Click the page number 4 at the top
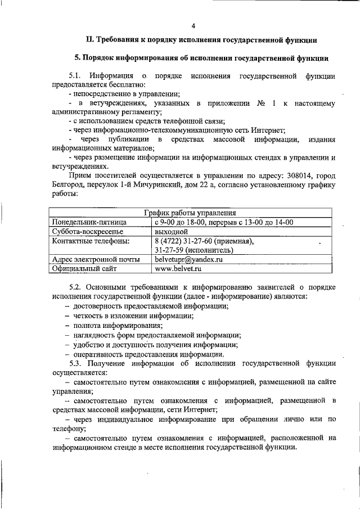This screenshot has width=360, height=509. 193,26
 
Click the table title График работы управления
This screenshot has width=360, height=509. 190,213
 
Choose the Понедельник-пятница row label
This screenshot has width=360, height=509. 89,222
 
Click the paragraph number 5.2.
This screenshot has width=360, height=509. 75,287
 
